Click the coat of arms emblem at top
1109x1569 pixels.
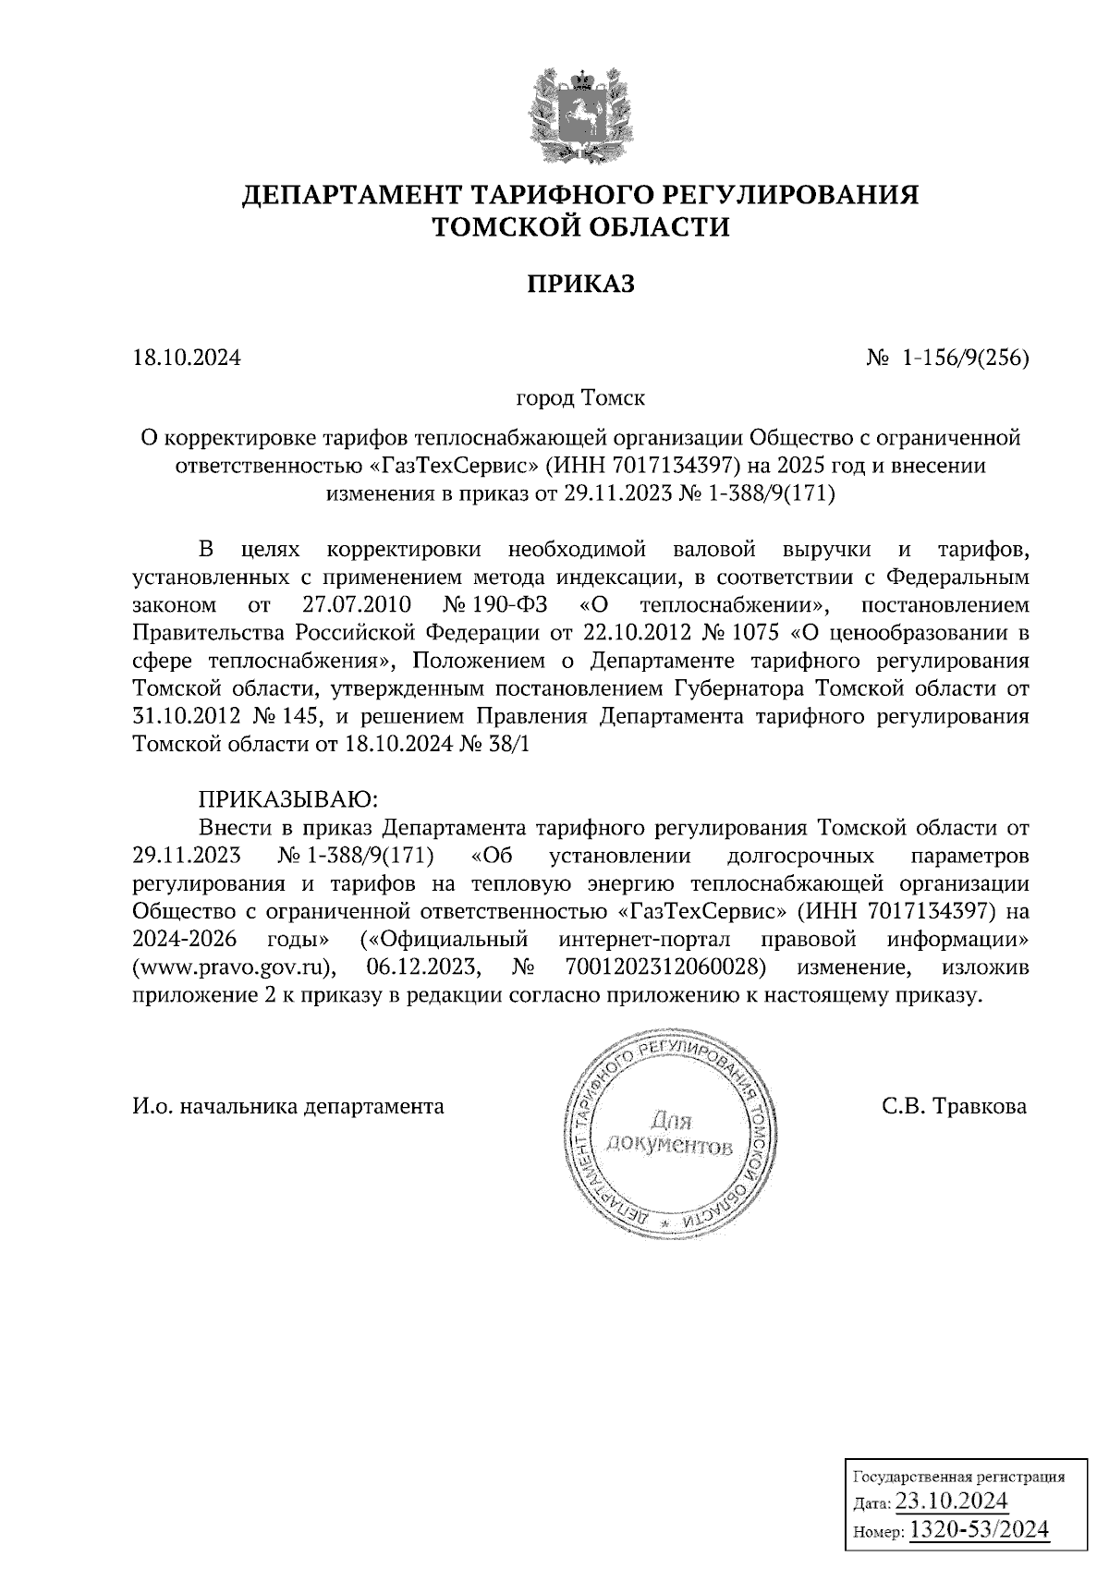[580, 111]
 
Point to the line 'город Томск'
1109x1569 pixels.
[580, 398]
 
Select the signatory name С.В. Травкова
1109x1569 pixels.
[954, 1106]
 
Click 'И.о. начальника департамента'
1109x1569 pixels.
[288, 1106]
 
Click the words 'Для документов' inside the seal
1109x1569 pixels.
[668, 1135]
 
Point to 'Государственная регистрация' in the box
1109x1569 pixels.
[957, 1476]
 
